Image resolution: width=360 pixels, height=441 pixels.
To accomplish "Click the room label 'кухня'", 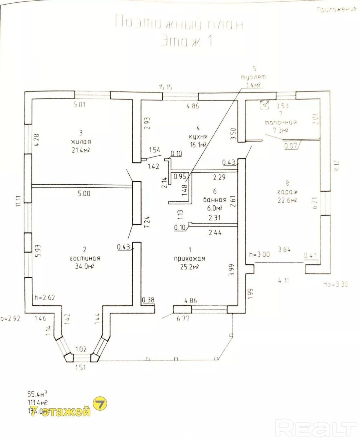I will (x=197, y=137).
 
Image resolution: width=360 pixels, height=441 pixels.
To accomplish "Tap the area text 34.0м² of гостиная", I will (x=84, y=266).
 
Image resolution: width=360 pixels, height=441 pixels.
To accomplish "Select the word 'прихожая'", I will (x=190, y=259).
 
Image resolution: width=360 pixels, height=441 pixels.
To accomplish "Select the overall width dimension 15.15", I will (x=166, y=87).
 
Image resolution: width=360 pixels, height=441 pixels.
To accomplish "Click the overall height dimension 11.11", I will (x=19, y=200).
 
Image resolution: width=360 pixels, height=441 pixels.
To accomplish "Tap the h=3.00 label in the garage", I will (x=259, y=254).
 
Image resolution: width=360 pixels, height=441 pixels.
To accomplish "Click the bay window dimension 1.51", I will (x=80, y=367).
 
